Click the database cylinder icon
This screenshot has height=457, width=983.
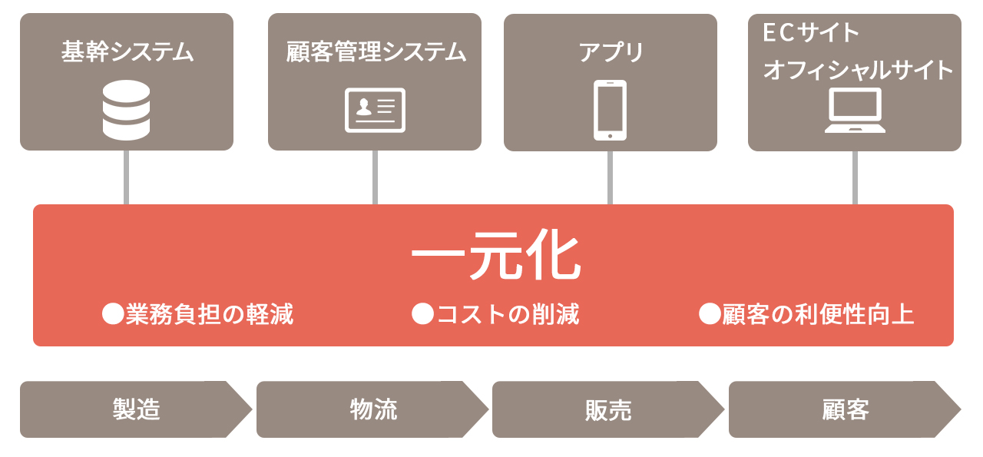[127, 110]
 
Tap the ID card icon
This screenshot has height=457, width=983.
[375, 110]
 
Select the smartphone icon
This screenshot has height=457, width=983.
[610, 110]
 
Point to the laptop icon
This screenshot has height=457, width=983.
[855, 110]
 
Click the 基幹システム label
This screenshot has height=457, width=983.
[127, 51]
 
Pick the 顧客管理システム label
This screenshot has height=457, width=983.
[376, 51]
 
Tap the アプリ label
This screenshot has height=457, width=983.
[611, 52]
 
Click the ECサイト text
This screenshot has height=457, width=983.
[810, 32]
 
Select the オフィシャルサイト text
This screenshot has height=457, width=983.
[858, 70]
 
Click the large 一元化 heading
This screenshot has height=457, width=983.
[496, 255]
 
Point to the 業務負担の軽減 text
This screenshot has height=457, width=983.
[210, 314]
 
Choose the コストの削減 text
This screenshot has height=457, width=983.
[508, 314]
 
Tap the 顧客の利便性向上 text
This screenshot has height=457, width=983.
[818, 314]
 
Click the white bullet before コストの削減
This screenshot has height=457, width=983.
[422, 314]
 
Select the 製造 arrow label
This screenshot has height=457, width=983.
[137, 409]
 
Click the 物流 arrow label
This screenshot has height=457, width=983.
[373, 409]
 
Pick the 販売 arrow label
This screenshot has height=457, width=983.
[608, 410]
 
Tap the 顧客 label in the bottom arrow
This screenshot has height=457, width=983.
[846, 409]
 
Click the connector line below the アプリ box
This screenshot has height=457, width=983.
[610, 177]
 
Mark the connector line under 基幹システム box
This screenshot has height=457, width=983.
[127, 177]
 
